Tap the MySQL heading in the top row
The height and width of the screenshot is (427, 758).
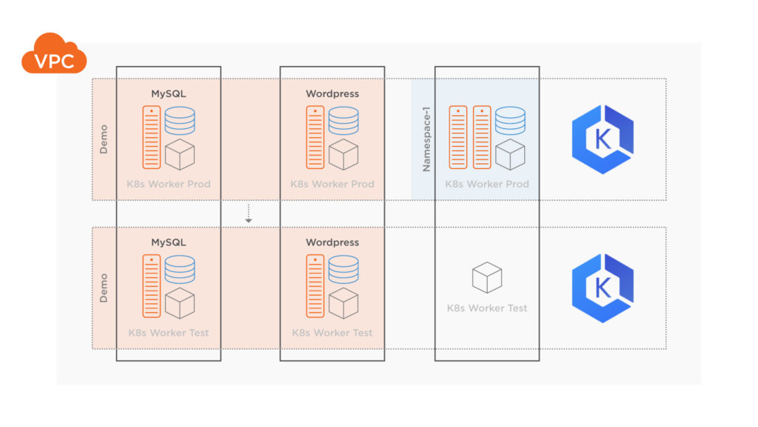168,94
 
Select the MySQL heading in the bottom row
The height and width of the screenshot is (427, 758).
168,242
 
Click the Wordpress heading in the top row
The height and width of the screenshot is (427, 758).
332,94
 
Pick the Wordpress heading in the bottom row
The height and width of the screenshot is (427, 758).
332,242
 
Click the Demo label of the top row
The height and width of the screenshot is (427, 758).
104,139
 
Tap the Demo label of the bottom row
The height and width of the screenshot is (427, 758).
104,288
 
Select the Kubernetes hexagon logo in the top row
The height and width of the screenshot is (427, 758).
603,139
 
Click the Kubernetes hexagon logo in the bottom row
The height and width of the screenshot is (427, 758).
603,288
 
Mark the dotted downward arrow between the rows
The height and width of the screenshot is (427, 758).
249,213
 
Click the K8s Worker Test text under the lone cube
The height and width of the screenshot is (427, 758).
487,308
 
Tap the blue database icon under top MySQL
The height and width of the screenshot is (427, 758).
180,121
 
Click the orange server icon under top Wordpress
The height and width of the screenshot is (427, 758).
315,138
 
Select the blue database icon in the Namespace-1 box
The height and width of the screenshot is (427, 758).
510,121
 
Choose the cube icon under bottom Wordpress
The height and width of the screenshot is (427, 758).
343,303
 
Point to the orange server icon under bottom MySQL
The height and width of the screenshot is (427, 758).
151,286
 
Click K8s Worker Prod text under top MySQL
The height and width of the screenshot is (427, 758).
169,184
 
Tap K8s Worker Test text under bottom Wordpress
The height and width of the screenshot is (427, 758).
332,333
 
